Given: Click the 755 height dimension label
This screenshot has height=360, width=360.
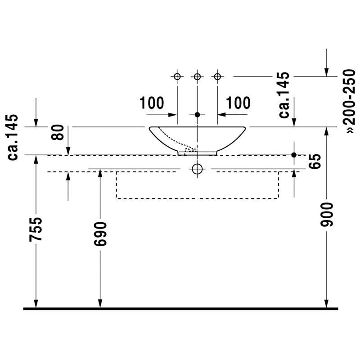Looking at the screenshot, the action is [36, 229].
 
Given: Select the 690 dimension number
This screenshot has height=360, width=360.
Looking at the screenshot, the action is [100, 234].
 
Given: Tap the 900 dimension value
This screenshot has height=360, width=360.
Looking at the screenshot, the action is [327, 215].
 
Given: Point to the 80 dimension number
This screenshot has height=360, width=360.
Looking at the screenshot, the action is [58, 132].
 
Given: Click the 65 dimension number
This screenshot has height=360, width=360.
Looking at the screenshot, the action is [314, 162].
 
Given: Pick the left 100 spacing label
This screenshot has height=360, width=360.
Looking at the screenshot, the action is [152, 103].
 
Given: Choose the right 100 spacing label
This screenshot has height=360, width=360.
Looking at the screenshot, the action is [238, 103].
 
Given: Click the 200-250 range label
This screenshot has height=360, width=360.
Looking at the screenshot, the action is [349, 101].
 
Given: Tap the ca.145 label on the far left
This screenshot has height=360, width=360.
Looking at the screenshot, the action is [13, 137].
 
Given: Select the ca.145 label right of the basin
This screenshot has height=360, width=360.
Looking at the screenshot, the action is [284, 95].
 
